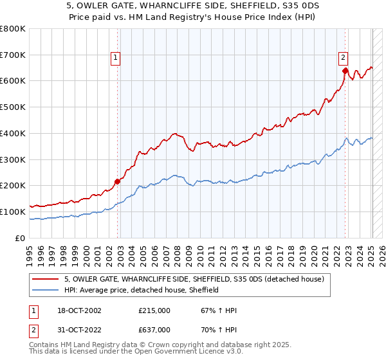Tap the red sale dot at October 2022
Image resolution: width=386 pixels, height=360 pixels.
pos(345,71)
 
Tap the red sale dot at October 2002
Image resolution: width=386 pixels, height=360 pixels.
pos(118,181)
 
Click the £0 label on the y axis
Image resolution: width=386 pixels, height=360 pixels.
pos(20,238)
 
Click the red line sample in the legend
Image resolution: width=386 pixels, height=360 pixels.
pos(46,280)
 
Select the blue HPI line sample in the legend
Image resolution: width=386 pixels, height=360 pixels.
pos(46,290)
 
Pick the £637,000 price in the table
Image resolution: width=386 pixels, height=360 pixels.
pos(154,330)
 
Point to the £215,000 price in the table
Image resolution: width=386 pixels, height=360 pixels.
pos(154,311)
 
